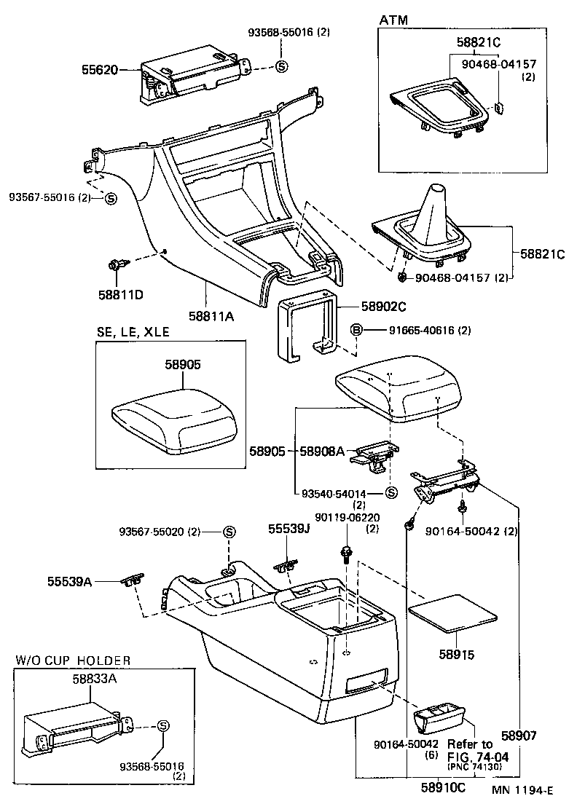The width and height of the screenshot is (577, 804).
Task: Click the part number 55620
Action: pyautogui.click(x=99, y=70)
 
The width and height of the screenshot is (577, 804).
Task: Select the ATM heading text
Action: pyautogui.click(x=393, y=21)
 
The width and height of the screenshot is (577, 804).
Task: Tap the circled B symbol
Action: pyautogui.click(x=357, y=331)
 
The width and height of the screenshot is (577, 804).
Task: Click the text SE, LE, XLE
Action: pyautogui.click(x=133, y=332)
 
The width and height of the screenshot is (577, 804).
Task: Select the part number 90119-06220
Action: pyautogui.click(x=347, y=517)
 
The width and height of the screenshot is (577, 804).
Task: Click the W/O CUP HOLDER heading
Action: pyautogui.click(x=73, y=661)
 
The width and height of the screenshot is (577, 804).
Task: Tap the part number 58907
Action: pyautogui.click(x=519, y=736)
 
